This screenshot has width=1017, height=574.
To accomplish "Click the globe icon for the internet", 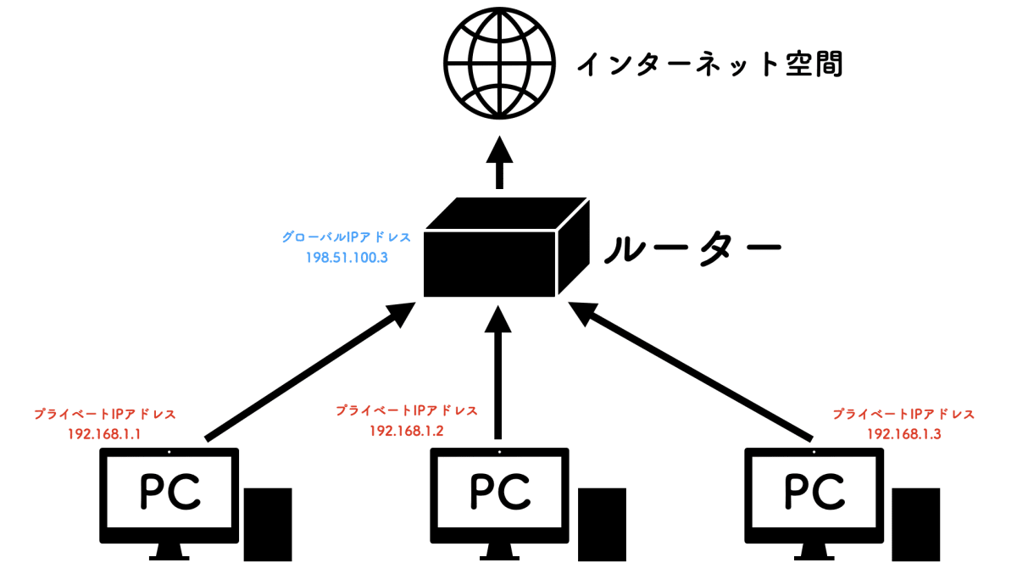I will pyautogui.click(x=501, y=64).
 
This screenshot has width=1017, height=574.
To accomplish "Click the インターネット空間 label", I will pyautogui.click(x=709, y=64).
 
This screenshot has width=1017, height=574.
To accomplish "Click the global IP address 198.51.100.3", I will pyautogui.click(x=347, y=255).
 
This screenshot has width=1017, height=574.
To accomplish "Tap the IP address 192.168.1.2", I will pyautogui.click(x=407, y=430).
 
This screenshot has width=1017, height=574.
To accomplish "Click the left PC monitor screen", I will pyautogui.click(x=169, y=493).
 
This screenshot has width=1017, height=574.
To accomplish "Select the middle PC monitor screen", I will pyautogui.click(x=500, y=493).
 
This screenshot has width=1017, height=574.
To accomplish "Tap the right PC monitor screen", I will pyautogui.click(x=814, y=493).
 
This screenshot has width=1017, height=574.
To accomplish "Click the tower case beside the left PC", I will pyautogui.click(x=268, y=523).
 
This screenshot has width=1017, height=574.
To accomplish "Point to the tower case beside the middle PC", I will pyautogui.click(x=602, y=523).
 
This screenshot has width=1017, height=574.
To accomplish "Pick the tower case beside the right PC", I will pyautogui.click(x=916, y=523).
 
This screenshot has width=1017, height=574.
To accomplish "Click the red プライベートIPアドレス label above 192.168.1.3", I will pyautogui.click(x=903, y=415).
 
